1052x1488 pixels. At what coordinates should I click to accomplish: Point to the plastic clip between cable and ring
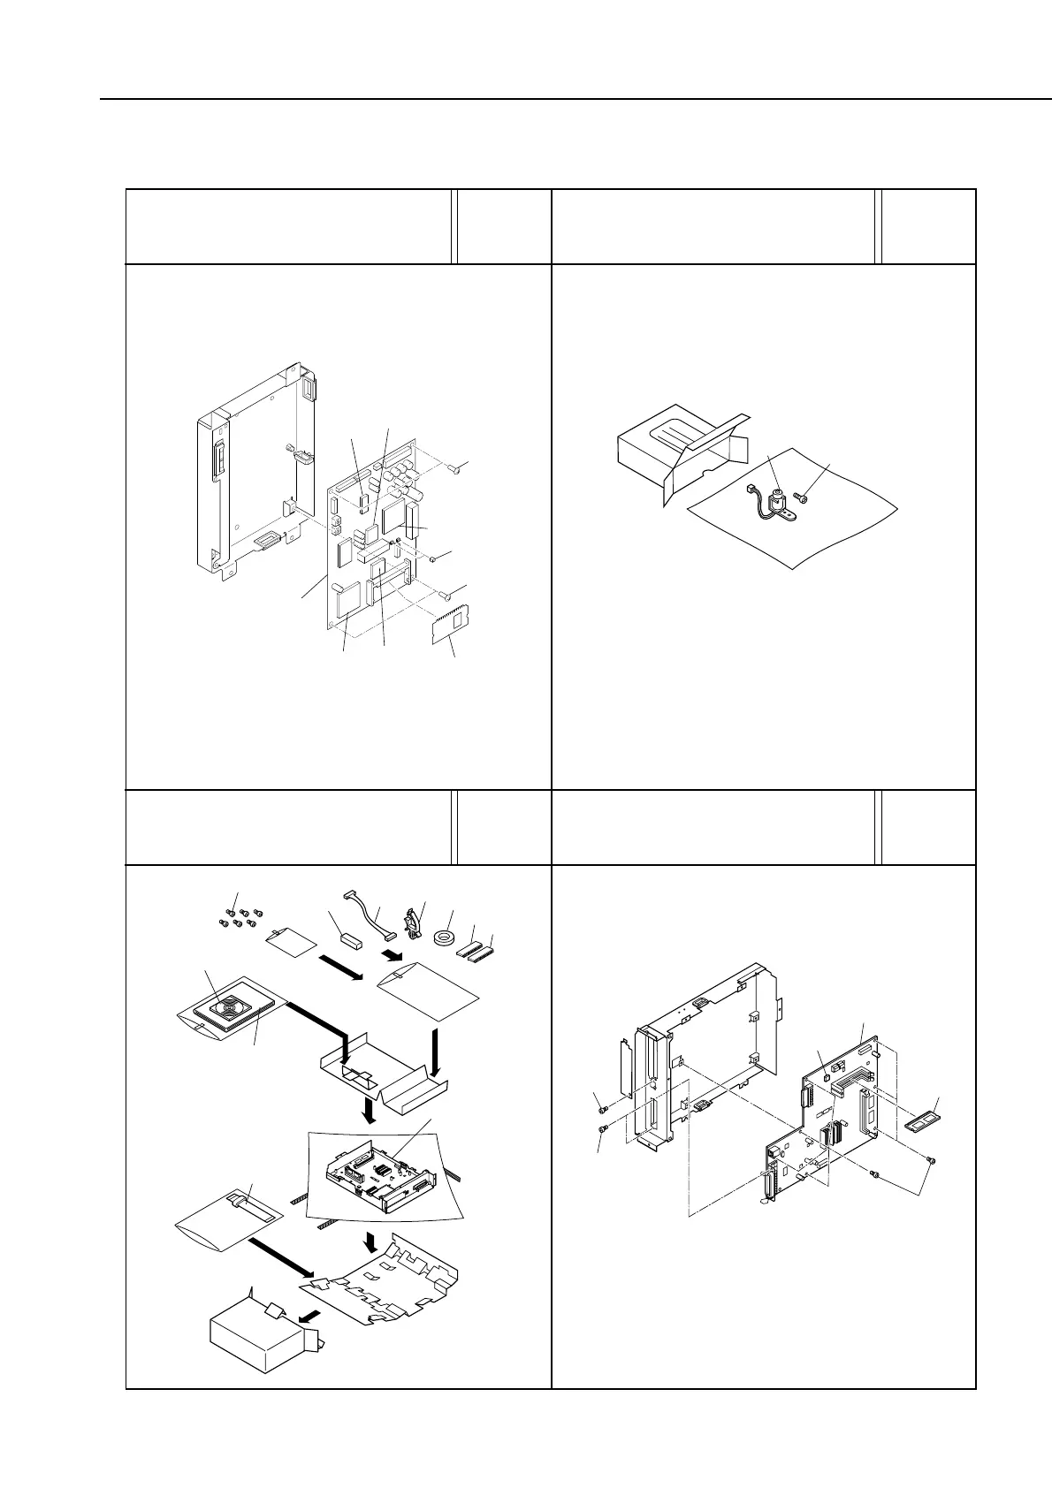click(x=408, y=924)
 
